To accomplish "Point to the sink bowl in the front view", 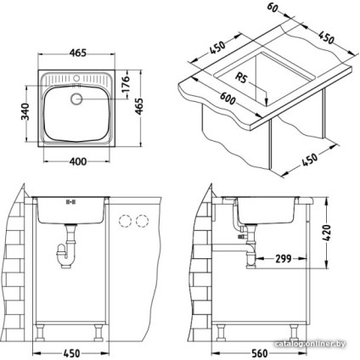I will click(70, 208).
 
